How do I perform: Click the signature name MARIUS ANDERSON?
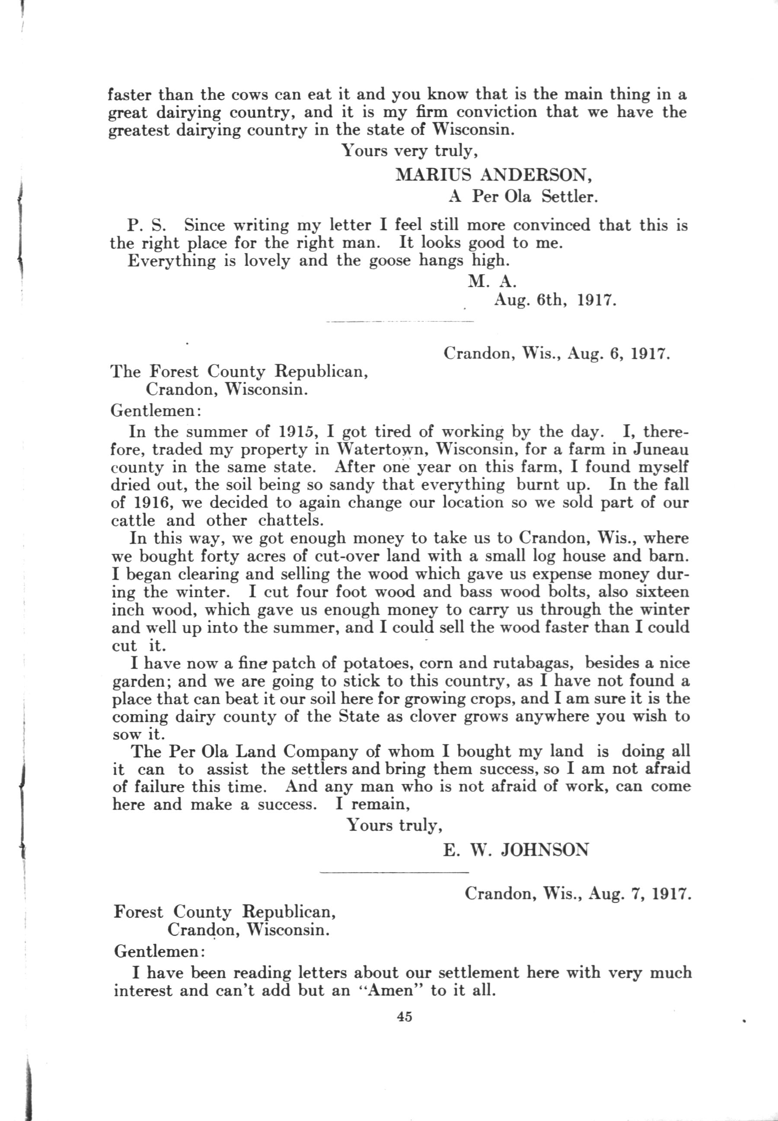pos(493,174)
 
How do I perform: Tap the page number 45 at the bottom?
pos(404,1017)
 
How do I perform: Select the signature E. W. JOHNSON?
pos(515,850)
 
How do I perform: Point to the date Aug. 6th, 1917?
pos(555,300)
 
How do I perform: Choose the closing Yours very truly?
pos(409,151)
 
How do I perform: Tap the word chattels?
pos(290,521)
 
